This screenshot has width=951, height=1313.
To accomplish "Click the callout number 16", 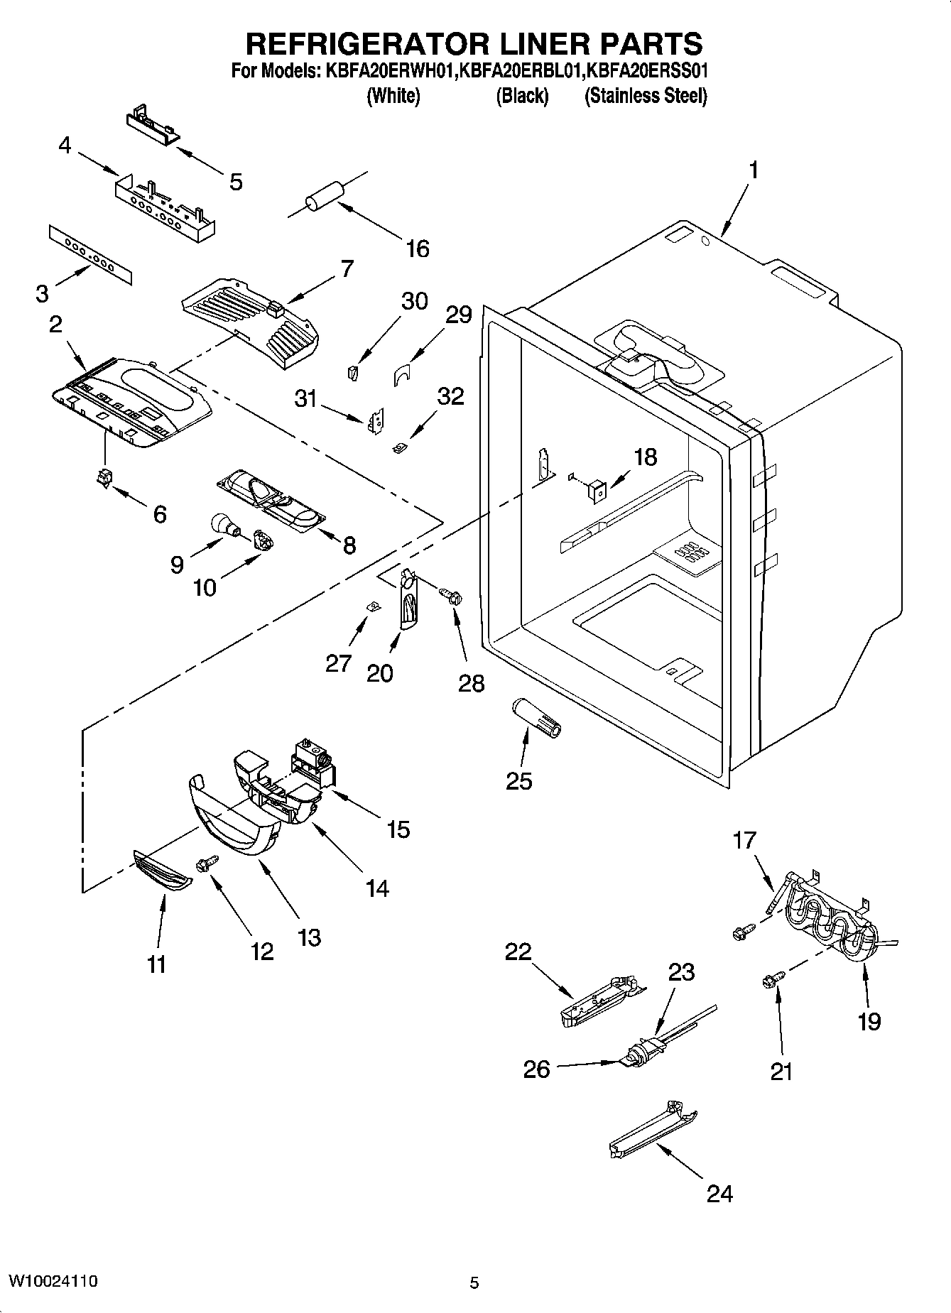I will point(418,249).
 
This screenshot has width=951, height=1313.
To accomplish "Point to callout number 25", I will point(519,780).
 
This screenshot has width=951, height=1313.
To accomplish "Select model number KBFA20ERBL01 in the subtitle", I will point(521,71).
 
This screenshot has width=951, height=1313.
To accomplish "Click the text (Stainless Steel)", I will point(645,96).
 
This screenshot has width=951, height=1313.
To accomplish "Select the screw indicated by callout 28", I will point(450,595).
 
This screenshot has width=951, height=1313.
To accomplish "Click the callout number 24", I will point(719,1193).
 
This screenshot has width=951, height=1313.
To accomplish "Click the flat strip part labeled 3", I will point(91,256).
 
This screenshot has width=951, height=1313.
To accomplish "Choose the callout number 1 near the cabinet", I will point(754,170).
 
